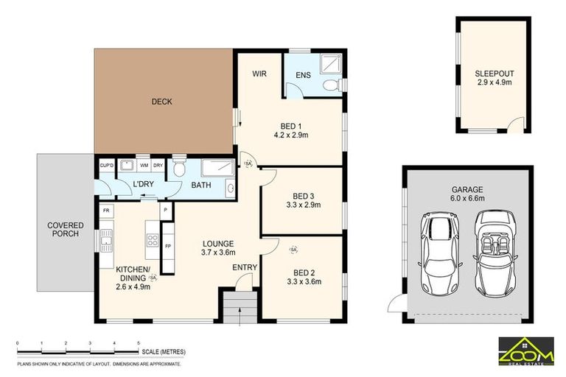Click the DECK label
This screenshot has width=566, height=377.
point(161,102)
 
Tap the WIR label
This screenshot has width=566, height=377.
point(259,74)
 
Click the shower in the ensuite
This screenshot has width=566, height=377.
point(331,64)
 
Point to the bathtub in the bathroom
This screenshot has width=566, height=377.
point(217,167)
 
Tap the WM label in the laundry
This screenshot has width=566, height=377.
point(144,165)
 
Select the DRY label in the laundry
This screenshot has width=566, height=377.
point(158,165)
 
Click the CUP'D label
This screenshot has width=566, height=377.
point(106,165)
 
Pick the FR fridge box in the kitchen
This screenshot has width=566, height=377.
point(106,211)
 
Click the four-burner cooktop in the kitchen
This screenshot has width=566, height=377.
point(153,240)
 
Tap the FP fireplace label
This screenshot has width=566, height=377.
point(168,247)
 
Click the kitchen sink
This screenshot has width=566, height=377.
point(106,242)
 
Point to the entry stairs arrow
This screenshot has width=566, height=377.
point(240,317)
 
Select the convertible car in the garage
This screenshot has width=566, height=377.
point(495,253)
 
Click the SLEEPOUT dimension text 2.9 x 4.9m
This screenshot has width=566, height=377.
point(495,82)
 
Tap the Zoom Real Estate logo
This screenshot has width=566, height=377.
point(526,351)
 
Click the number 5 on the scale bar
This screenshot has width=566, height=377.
point(139,343)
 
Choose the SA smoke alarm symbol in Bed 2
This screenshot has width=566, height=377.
point(293,250)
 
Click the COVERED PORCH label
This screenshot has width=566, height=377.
point(66,230)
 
